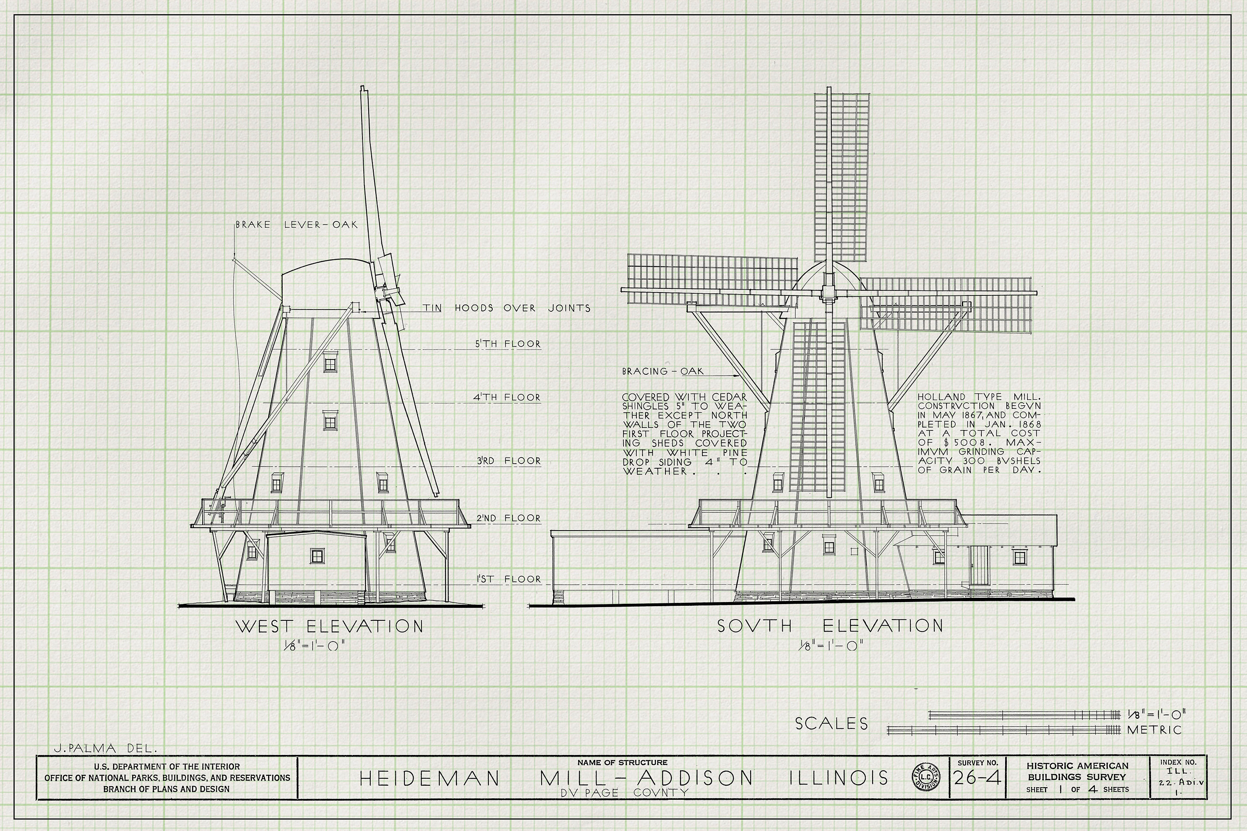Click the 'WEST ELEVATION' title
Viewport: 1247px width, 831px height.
[x=329, y=627]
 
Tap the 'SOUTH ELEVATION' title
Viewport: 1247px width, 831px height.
[x=830, y=626]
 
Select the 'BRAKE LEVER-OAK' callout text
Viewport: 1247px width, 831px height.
[x=297, y=225]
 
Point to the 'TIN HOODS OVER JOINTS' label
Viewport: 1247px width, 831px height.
[x=506, y=308]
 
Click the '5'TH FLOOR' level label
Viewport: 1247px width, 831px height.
[x=508, y=344]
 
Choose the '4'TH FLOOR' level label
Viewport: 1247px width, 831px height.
[x=507, y=397]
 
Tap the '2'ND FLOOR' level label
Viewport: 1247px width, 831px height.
[x=508, y=518]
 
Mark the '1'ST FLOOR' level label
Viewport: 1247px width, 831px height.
[x=508, y=579]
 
